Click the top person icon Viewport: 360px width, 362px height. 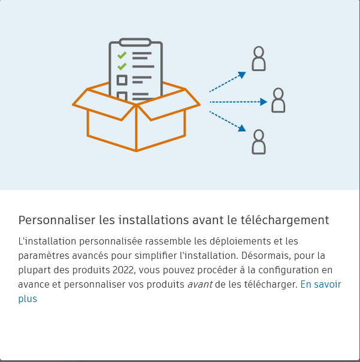click(258, 59)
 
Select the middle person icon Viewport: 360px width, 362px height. click(278, 100)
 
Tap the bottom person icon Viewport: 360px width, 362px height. click(258, 141)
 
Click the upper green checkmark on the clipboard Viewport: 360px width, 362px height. click(122, 55)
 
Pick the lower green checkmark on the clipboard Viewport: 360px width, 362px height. click(122, 66)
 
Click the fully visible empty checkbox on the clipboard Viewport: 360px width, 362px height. click(122, 80)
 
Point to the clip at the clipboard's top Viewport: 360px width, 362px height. click(135, 43)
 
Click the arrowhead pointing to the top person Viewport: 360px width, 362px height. click(242, 75)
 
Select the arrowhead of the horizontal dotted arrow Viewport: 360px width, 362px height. click(264, 102)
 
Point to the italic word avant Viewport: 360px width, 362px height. click(199, 285)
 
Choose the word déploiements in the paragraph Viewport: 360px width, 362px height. click(238, 242)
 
